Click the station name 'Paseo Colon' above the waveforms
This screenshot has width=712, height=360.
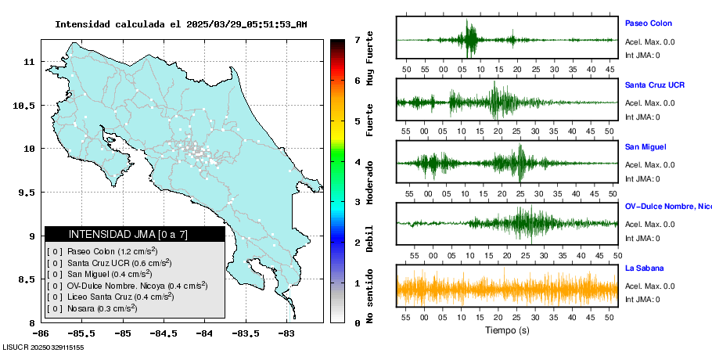648,23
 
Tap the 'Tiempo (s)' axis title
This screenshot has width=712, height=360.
507,330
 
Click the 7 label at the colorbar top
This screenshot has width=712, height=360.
357,39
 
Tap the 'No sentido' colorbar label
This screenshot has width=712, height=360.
369,298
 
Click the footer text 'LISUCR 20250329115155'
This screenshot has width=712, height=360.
44,347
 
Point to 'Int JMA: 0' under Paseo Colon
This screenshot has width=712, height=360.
642,56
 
